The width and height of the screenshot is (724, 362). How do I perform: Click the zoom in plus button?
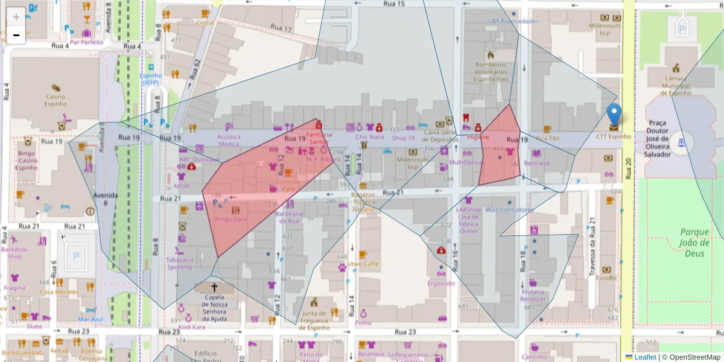click(x=16, y=16)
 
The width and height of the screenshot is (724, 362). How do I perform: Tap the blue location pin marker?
click(x=614, y=115)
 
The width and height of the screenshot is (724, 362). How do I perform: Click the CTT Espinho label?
click(x=614, y=136)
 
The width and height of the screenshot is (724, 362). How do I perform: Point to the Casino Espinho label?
click(x=55, y=100)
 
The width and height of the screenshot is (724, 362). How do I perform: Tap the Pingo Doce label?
click(x=231, y=219)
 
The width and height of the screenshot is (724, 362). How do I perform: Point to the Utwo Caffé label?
click(x=363, y=264)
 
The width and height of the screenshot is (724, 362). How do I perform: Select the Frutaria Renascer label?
click(x=533, y=296)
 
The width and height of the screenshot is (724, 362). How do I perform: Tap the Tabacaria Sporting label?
click(x=179, y=263)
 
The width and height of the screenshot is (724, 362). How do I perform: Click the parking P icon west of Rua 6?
click(x=76, y=256)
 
